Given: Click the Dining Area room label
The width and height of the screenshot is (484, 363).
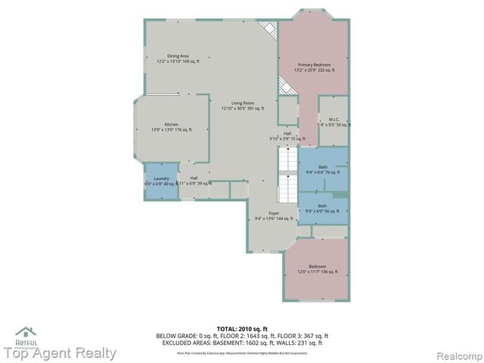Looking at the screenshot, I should coord(178,59).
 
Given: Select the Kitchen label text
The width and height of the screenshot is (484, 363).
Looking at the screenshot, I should coord(172,127).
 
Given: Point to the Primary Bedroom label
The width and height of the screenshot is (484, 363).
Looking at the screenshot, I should coord(315,67).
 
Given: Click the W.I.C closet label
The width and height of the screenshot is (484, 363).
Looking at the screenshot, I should coord(334,122).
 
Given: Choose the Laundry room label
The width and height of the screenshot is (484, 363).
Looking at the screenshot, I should coord(161,181).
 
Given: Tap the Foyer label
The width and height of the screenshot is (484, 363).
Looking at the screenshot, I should coord(264,216).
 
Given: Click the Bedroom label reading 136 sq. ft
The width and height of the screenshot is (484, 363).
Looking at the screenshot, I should coord(317,268).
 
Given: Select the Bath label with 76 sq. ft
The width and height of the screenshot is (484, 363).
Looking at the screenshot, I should coord(323,169).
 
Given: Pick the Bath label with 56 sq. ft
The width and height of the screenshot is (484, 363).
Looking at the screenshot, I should coord(323,208).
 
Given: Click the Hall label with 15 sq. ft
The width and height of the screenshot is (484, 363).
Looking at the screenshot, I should coord(287,136).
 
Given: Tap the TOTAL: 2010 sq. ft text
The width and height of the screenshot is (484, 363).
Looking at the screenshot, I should coord(242,329).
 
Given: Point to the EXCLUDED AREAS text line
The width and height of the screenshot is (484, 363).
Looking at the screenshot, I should coord(242,343).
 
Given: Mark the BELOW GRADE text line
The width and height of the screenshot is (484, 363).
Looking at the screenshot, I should coord(242,336).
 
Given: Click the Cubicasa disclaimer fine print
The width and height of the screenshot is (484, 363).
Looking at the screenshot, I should coord(242,352).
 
